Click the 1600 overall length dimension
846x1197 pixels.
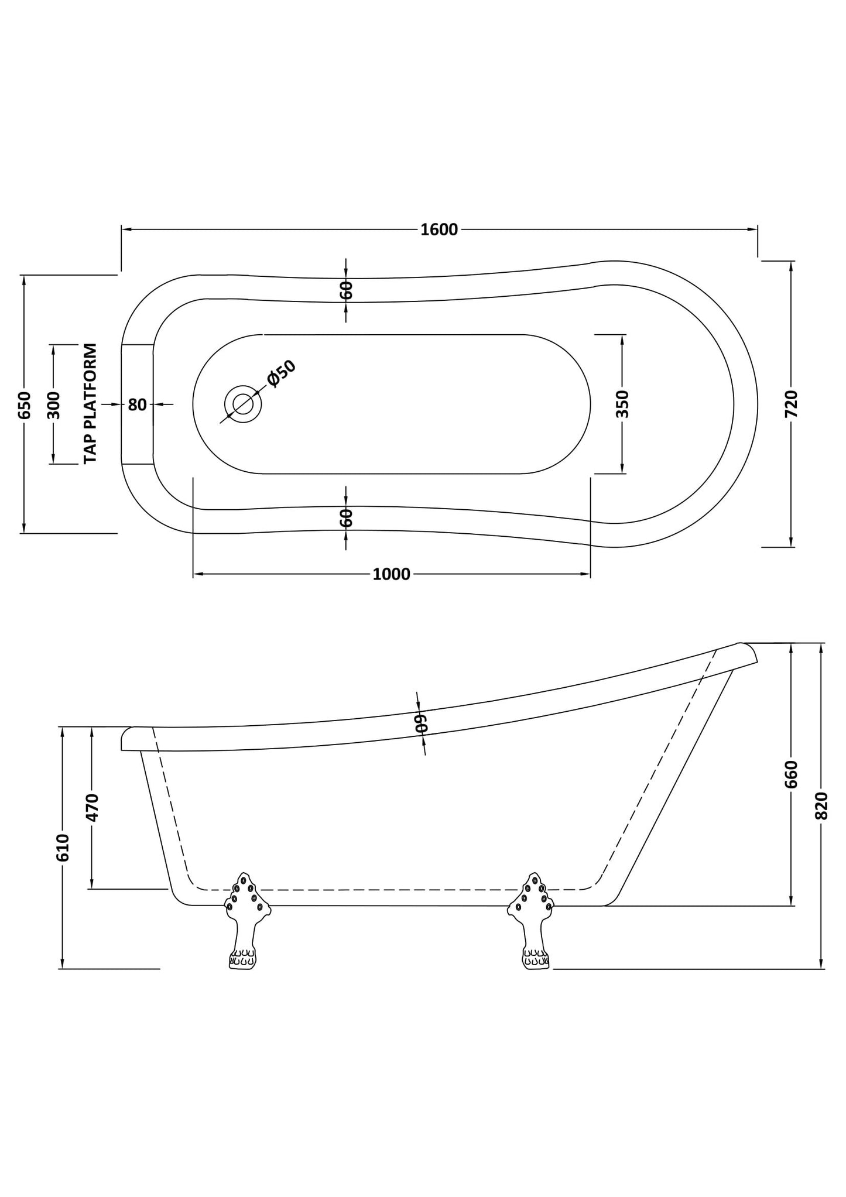tap(439, 229)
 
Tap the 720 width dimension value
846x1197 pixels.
tap(791, 404)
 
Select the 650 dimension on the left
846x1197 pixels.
tap(24, 404)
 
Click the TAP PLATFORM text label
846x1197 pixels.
tap(90, 404)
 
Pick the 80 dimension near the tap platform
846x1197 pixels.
tap(137, 404)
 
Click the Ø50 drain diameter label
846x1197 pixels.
tap(282, 373)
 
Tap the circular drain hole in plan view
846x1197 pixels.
tap(242, 404)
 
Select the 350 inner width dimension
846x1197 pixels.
tap(622, 404)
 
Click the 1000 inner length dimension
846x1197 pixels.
tap(391, 574)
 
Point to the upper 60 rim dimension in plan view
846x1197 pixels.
tap(346, 290)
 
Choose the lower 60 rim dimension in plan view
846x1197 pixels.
tap(346, 518)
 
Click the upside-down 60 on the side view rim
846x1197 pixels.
tap(421, 723)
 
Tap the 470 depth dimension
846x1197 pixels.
tap(93, 807)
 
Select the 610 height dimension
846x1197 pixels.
tap(62, 847)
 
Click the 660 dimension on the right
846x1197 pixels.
tap(791, 774)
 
